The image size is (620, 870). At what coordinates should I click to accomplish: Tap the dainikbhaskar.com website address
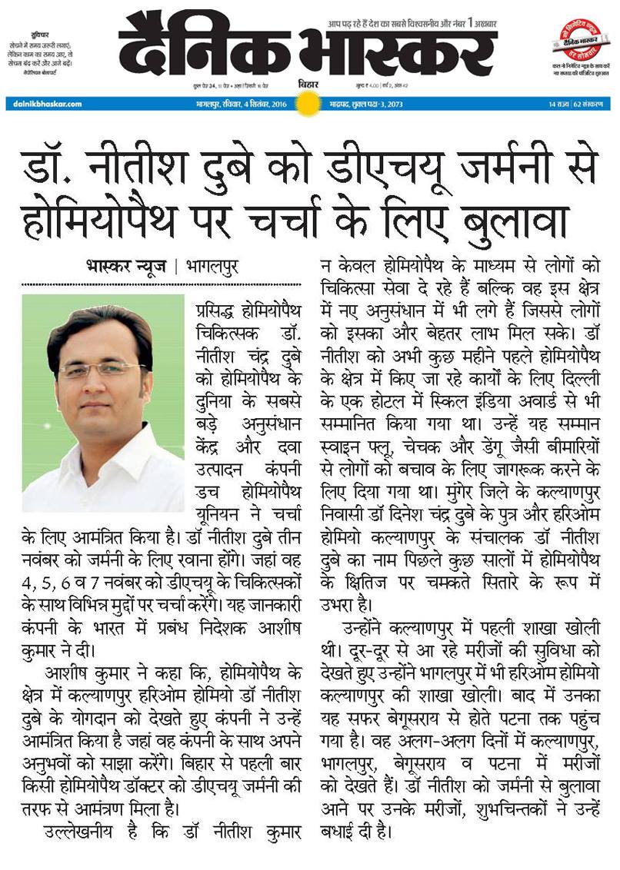[x=43, y=103]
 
